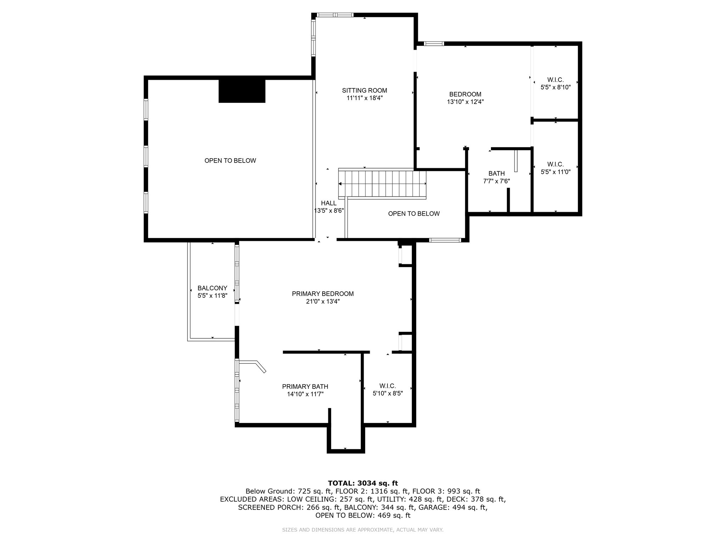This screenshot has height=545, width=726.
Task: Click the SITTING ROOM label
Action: (364, 90)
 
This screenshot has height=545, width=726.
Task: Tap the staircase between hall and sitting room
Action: (382, 184)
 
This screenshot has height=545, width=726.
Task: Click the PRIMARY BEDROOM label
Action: (323, 294)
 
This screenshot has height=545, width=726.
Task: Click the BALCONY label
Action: (212, 288)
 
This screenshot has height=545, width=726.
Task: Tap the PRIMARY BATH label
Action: (305, 386)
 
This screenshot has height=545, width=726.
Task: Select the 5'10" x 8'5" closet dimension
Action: (387, 393)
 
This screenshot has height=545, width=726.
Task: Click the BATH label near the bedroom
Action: (496, 174)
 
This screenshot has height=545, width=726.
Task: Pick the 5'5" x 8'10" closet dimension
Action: (555, 87)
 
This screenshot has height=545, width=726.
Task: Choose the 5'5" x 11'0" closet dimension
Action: (555, 172)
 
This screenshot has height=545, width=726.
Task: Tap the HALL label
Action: (329, 203)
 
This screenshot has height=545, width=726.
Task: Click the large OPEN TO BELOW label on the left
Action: (230, 161)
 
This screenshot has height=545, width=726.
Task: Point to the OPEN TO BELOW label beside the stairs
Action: (414, 214)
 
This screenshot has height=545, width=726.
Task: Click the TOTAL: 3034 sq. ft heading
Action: (363, 483)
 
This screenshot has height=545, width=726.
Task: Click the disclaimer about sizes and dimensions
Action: (363, 530)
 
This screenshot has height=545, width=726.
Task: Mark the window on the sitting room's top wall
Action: (335, 15)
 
